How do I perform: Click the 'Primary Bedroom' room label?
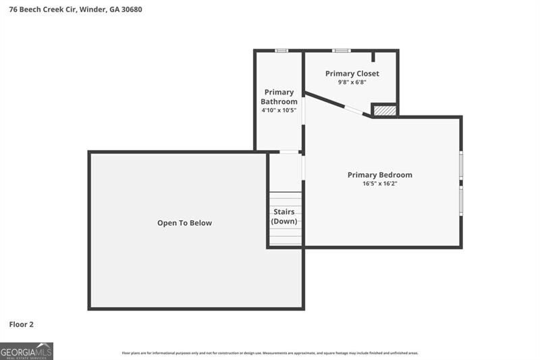point(379,175)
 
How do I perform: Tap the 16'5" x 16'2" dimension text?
point(379,184)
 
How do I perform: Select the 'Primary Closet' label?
point(352,74)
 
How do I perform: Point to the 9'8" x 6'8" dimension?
point(352,82)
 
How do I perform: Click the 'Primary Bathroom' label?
point(279,97)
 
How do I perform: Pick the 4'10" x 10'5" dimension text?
point(279,110)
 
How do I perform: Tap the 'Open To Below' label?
point(184,223)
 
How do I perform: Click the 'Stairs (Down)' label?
point(284,216)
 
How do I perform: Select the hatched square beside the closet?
point(384,110)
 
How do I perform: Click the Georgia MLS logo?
point(26,351)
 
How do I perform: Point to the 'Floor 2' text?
point(21,324)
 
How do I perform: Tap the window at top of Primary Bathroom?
point(281,50)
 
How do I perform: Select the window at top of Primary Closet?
point(342,50)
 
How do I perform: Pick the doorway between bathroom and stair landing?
point(290,152)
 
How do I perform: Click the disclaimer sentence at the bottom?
point(269,353)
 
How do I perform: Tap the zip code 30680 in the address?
point(132,9)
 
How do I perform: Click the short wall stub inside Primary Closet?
point(373,56)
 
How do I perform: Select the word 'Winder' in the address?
point(93,9)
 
